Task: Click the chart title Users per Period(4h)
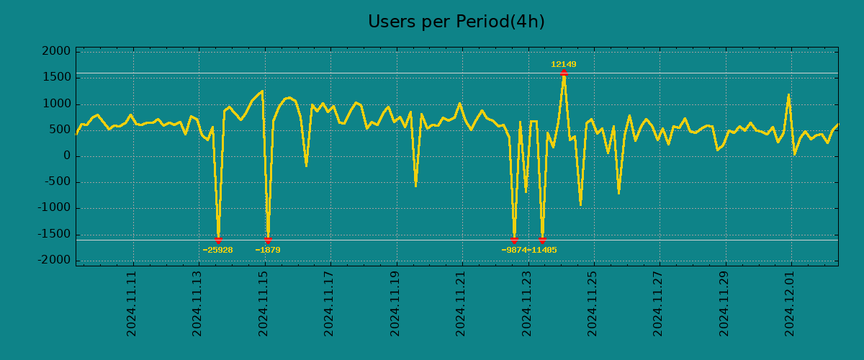tap(456, 22)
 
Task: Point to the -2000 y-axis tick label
tap(55, 260)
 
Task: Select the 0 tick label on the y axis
tap(66, 156)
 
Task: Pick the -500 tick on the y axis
tap(58, 182)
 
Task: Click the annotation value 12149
tap(564, 65)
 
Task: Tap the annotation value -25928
tap(217, 251)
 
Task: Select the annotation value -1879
tap(268, 251)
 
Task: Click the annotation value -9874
tap(514, 251)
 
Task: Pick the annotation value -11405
tap(542, 251)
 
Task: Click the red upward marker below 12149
tap(564, 73)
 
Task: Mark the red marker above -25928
tap(218, 240)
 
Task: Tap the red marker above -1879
tap(268, 240)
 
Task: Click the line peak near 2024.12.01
tap(788, 95)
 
